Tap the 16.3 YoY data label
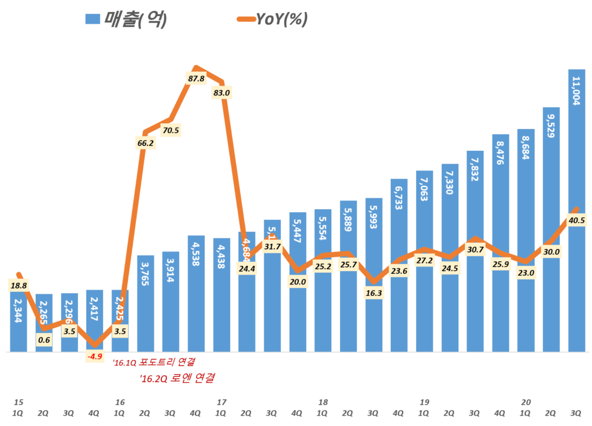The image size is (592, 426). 373,293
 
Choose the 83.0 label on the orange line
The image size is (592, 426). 221,92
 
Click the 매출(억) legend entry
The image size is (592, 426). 127,19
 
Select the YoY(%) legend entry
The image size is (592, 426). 272,19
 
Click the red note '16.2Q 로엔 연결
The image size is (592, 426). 177,379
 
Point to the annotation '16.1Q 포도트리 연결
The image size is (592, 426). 153,362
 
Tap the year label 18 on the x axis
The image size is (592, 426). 323,402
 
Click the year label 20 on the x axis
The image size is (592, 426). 526,402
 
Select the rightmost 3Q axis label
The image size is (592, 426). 576,413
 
